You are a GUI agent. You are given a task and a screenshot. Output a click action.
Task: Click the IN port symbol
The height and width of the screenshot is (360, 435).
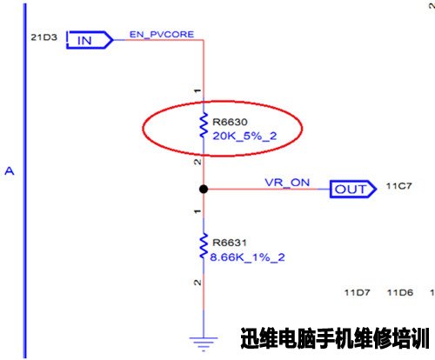90,40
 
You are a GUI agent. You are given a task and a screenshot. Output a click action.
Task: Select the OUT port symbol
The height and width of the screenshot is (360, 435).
353,190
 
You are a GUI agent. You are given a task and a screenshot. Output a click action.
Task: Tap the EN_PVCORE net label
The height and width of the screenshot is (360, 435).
162,35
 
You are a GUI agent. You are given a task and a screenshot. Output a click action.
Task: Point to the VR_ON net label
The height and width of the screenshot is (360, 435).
287,183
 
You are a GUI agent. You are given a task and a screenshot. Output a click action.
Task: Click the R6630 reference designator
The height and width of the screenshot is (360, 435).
230,122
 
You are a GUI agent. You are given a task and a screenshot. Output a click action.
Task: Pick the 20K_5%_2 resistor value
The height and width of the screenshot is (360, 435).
244,136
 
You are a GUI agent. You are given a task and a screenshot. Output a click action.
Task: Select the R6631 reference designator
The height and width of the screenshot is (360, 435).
230,243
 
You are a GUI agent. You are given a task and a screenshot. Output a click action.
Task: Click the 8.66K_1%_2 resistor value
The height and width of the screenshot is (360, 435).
247,257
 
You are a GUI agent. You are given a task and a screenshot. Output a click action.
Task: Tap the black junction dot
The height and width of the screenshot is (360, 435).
204,190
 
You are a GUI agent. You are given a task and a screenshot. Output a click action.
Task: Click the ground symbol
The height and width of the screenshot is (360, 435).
204,344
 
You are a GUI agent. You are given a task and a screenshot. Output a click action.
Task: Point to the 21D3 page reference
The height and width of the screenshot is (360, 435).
44,37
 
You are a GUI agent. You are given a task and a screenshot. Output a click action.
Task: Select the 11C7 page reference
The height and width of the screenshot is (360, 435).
398,186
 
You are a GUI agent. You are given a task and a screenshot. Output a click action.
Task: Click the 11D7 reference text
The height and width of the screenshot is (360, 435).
357,292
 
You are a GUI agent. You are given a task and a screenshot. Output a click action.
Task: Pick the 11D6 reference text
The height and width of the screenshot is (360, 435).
400,292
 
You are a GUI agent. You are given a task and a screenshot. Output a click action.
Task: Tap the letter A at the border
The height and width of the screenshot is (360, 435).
10,171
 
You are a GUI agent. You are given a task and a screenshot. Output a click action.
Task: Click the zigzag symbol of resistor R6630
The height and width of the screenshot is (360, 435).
204,125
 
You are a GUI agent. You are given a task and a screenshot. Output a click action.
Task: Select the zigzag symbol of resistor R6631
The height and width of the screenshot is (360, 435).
204,245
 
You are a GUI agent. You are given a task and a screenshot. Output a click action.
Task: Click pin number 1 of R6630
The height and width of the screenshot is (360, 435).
197,90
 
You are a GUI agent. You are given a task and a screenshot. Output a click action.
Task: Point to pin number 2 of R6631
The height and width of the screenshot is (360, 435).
197,283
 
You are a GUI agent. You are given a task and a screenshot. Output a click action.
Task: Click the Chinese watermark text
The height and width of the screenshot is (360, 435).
335,338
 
